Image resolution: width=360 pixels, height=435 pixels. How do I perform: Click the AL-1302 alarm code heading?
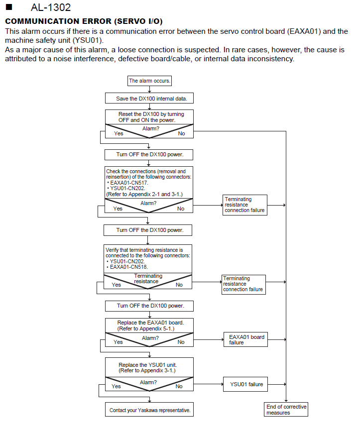(x=51, y=7)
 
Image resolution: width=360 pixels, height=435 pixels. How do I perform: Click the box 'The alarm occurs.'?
(x=149, y=81)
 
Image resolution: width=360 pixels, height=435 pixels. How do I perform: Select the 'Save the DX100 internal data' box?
(x=149, y=98)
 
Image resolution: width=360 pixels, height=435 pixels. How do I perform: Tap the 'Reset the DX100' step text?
(x=151, y=117)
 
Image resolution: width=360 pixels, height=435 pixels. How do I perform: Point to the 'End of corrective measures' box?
(x=286, y=410)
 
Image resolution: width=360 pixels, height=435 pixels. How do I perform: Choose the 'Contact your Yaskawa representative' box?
(x=149, y=410)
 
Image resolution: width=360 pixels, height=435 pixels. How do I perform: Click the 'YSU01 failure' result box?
(x=245, y=384)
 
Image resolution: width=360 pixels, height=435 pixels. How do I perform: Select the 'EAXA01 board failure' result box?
(x=245, y=339)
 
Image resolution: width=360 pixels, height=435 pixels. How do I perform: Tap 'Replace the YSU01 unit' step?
(x=147, y=368)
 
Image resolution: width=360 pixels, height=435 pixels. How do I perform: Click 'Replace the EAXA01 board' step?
(x=150, y=326)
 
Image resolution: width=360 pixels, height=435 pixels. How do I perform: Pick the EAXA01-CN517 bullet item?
(x=127, y=183)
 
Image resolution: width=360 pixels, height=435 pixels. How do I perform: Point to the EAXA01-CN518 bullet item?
(x=127, y=267)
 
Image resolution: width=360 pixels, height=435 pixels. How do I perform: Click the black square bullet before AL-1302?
(x=9, y=7)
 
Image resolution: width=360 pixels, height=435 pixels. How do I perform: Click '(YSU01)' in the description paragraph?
(x=88, y=40)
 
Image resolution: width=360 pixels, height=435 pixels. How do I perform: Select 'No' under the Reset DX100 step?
(x=181, y=133)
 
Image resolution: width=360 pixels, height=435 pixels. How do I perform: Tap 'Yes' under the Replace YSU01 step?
(x=116, y=386)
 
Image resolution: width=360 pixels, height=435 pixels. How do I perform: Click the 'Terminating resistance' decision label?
(x=148, y=279)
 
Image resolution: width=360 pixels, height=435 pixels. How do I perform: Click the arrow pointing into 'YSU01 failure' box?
(x=208, y=384)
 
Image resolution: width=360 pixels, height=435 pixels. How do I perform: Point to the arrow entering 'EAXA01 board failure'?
(x=209, y=339)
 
